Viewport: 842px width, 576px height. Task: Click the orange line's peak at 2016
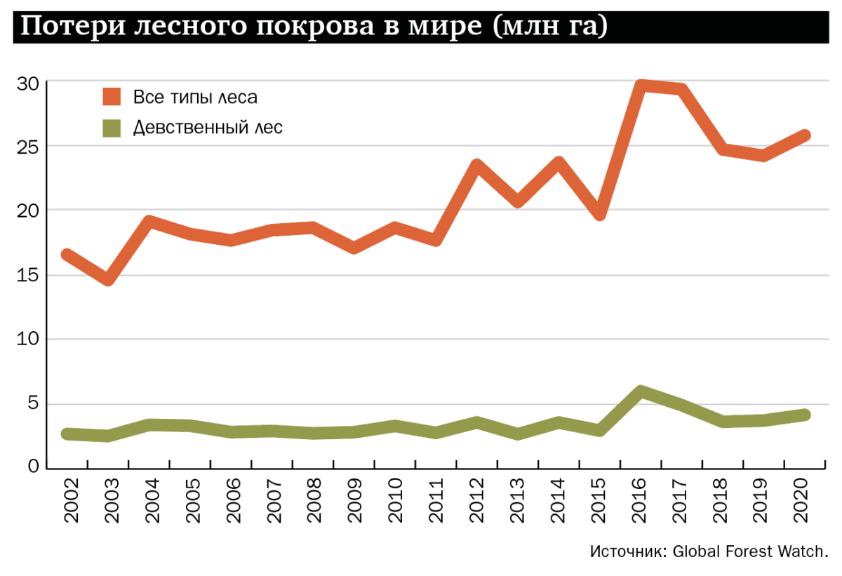tap(640, 86)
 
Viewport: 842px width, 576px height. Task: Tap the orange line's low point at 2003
tap(107, 280)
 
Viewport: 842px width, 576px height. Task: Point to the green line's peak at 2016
tap(640, 391)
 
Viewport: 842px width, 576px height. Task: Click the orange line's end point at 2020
tap(805, 135)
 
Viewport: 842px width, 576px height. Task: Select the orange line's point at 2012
tap(476, 166)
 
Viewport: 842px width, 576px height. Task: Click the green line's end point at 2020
tap(805, 415)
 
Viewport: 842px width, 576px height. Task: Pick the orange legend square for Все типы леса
tap(112, 96)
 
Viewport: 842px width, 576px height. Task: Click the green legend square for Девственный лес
tap(112, 128)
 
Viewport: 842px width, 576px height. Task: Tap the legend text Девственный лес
tap(208, 128)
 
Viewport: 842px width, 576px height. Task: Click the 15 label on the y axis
tap(27, 276)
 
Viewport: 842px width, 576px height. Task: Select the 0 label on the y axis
tap(34, 467)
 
